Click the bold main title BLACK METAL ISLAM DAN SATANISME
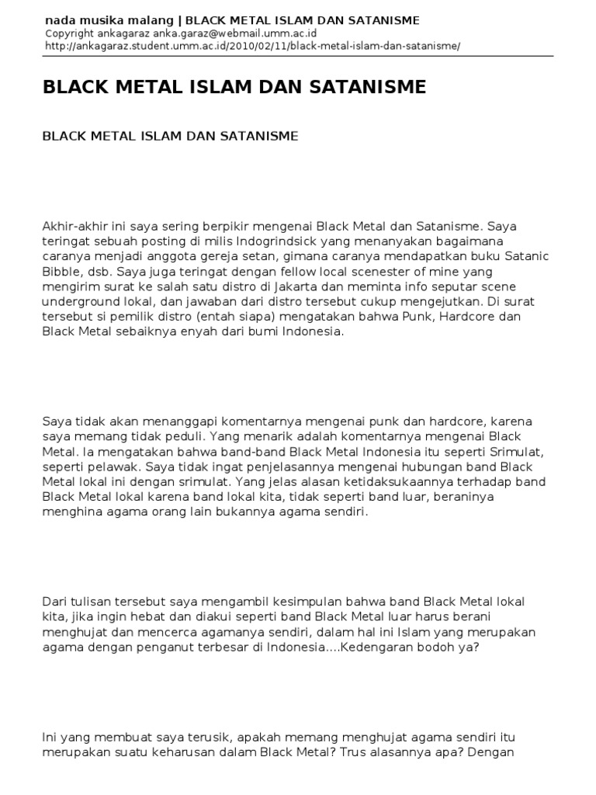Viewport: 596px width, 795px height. pyautogui.click(x=234, y=87)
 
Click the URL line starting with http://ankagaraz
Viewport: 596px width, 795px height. pyautogui.click(x=253, y=46)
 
